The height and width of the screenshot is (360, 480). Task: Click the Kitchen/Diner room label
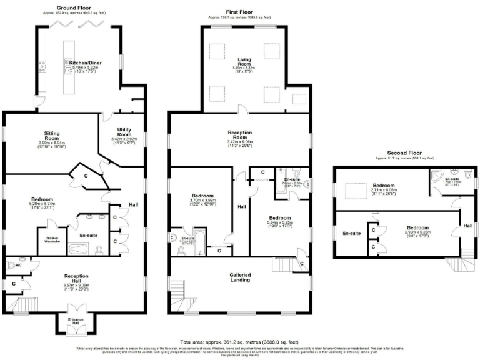tap(80, 63)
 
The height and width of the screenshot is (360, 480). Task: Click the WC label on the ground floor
tap(18, 264)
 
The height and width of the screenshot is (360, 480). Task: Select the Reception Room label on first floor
tap(239, 132)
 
